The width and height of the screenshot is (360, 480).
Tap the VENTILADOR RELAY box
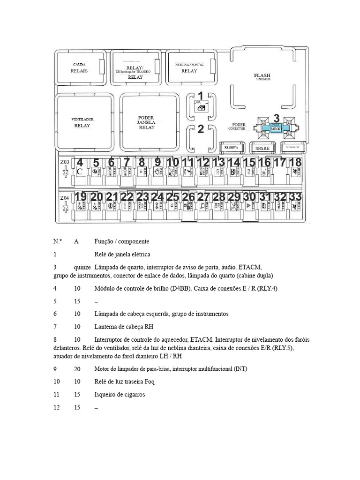(x=82, y=122)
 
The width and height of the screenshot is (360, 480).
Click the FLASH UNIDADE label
(x=262, y=76)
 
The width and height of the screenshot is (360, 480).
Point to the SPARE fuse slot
(x=262, y=148)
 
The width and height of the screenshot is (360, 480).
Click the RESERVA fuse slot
(x=232, y=148)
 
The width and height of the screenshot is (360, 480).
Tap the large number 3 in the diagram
(x=277, y=119)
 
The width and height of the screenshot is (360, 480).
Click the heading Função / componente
(x=121, y=241)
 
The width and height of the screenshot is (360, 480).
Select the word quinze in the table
(x=82, y=267)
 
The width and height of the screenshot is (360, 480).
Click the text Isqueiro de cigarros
(x=120, y=395)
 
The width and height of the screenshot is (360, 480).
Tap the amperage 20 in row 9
(x=77, y=369)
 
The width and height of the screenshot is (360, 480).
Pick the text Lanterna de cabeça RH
(x=124, y=326)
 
